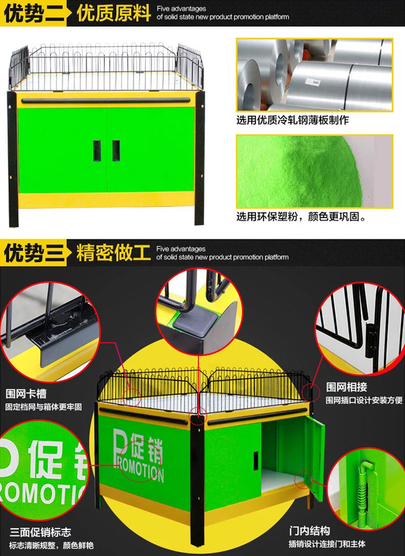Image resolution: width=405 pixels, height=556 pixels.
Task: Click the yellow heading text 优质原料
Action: pyautogui.click(x=114, y=14)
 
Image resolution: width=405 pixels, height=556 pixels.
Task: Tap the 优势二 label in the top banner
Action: pyautogui.click(x=34, y=14)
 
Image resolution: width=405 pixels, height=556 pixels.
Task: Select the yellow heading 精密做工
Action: pyautogui.click(x=113, y=253)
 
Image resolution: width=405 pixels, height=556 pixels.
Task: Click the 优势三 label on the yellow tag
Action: pyautogui.click(x=34, y=253)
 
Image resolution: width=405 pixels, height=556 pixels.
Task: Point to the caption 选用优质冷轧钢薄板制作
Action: pyautogui.click(x=293, y=120)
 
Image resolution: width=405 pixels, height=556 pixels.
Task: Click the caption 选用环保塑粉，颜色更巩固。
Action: pyautogui.click(x=302, y=216)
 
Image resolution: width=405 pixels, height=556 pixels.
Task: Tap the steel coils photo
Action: pyautogui.click(x=315, y=75)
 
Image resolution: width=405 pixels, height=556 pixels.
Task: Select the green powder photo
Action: pyautogui.click(x=315, y=171)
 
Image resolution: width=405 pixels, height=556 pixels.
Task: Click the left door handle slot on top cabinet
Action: pyautogui.click(x=97, y=151)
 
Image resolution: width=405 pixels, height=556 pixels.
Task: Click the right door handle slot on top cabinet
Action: pyautogui.click(x=116, y=150)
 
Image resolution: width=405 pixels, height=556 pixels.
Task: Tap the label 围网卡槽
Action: pyautogui.click(x=26, y=393)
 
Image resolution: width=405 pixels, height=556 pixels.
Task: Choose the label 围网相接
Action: pyautogui.click(x=346, y=387)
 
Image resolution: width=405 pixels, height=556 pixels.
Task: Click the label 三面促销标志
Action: pyautogui.click(x=41, y=532)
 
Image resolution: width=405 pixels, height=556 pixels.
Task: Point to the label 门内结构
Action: pyautogui.click(x=309, y=531)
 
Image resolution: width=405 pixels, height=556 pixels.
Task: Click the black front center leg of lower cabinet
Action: pyautogui.click(x=197, y=479)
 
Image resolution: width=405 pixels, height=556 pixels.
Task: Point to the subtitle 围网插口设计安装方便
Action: pyautogui.click(x=364, y=400)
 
